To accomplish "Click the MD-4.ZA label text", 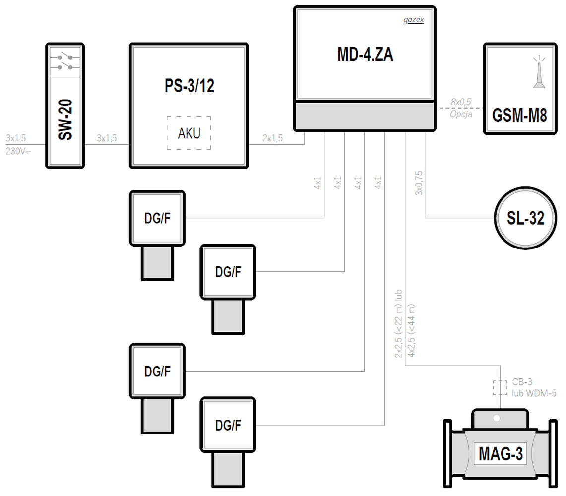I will pyautogui.click(x=365, y=55).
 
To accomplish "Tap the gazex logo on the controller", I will pyautogui.click(x=413, y=21).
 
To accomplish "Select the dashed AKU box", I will pyautogui.click(x=189, y=133).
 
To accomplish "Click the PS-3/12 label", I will pyautogui.click(x=189, y=86).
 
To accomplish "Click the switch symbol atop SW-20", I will pyautogui.click(x=65, y=62).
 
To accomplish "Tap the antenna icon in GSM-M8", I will pyautogui.click(x=539, y=73).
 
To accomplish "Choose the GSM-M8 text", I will pyautogui.click(x=519, y=116).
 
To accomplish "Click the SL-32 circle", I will pyautogui.click(x=525, y=218).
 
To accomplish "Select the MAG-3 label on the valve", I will pyautogui.click(x=501, y=454).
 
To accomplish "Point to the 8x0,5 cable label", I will pyautogui.click(x=461, y=102).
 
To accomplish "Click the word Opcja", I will pyautogui.click(x=461, y=114).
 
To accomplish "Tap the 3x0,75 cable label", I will pyautogui.click(x=418, y=183).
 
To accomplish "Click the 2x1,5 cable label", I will pyautogui.click(x=273, y=139).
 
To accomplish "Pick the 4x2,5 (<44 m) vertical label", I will pyautogui.click(x=412, y=330).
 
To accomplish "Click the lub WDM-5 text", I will pyautogui.click(x=534, y=393).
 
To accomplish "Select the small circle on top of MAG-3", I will pyautogui.click(x=497, y=419).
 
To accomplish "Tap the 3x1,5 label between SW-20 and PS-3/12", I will pyautogui.click(x=107, y=139).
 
